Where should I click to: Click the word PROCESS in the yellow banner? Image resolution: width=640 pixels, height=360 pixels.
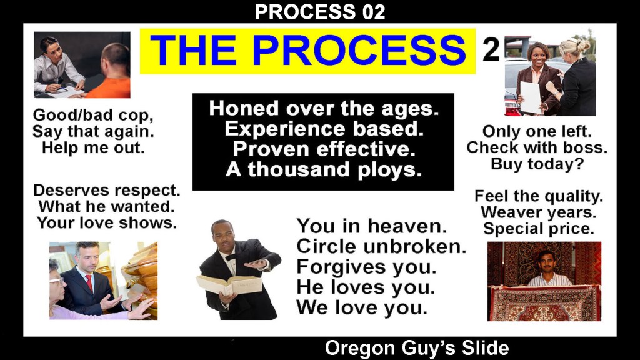coord(359,50)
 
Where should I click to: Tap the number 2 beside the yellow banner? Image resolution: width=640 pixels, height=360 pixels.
coord(491,49)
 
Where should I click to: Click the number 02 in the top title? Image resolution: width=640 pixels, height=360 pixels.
coord(373,12)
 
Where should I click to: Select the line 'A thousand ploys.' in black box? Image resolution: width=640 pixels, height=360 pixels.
coord(323,169)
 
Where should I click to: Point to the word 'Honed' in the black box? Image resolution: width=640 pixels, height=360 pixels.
coord(244,109)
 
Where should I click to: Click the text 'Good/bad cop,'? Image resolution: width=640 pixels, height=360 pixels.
coord(93,115)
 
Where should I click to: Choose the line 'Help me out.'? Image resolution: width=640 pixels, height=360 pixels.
coord(94,147)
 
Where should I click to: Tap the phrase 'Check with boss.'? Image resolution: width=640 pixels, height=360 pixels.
coord(537,147)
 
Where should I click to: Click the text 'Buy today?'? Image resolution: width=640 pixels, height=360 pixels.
coord(537,164)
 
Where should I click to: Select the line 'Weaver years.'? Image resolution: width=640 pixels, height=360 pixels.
coord(538,212)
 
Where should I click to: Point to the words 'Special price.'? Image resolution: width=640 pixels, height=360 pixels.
coord(538,229)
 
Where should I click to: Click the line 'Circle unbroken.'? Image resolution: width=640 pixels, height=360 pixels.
coord(381,246)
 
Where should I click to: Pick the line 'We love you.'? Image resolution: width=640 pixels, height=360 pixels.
coord(362,307)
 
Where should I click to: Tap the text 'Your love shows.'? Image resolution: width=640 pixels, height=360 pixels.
coord(107,223)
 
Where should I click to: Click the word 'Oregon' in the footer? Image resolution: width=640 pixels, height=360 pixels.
coord(360,349)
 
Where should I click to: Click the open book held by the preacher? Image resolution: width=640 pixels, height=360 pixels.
coord(229,284)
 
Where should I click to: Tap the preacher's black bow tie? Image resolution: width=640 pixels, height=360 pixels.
coord(231,257)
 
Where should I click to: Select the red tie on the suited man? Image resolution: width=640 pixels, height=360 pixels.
coord(89,283)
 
